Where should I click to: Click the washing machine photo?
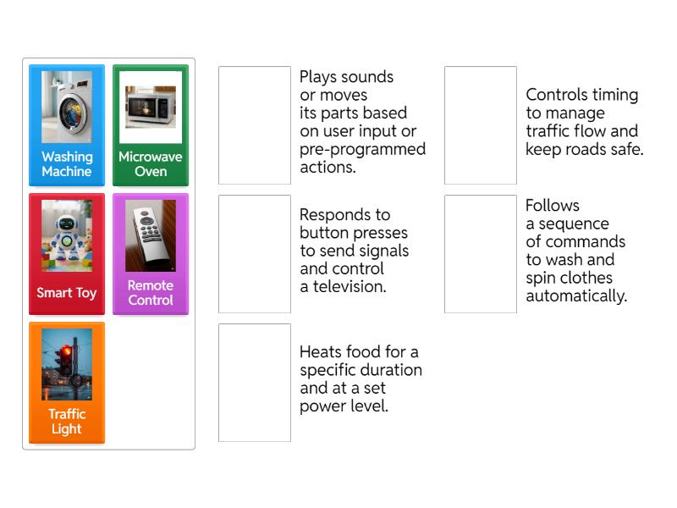pos(67,107)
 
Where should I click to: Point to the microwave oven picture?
pos(151,107)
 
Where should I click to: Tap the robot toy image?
pos(67,235)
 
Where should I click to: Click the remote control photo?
pos(151,235)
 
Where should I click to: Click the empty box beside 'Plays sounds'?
pos(255,125)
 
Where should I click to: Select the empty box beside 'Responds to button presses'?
pos(255,254)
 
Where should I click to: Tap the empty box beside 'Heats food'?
pos(255,383)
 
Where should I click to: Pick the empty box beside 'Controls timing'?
pos(481,125)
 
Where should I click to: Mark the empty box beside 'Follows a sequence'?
pos(481,254)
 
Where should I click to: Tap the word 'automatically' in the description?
pos(576,296)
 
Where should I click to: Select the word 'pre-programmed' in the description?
pos(363,150)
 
